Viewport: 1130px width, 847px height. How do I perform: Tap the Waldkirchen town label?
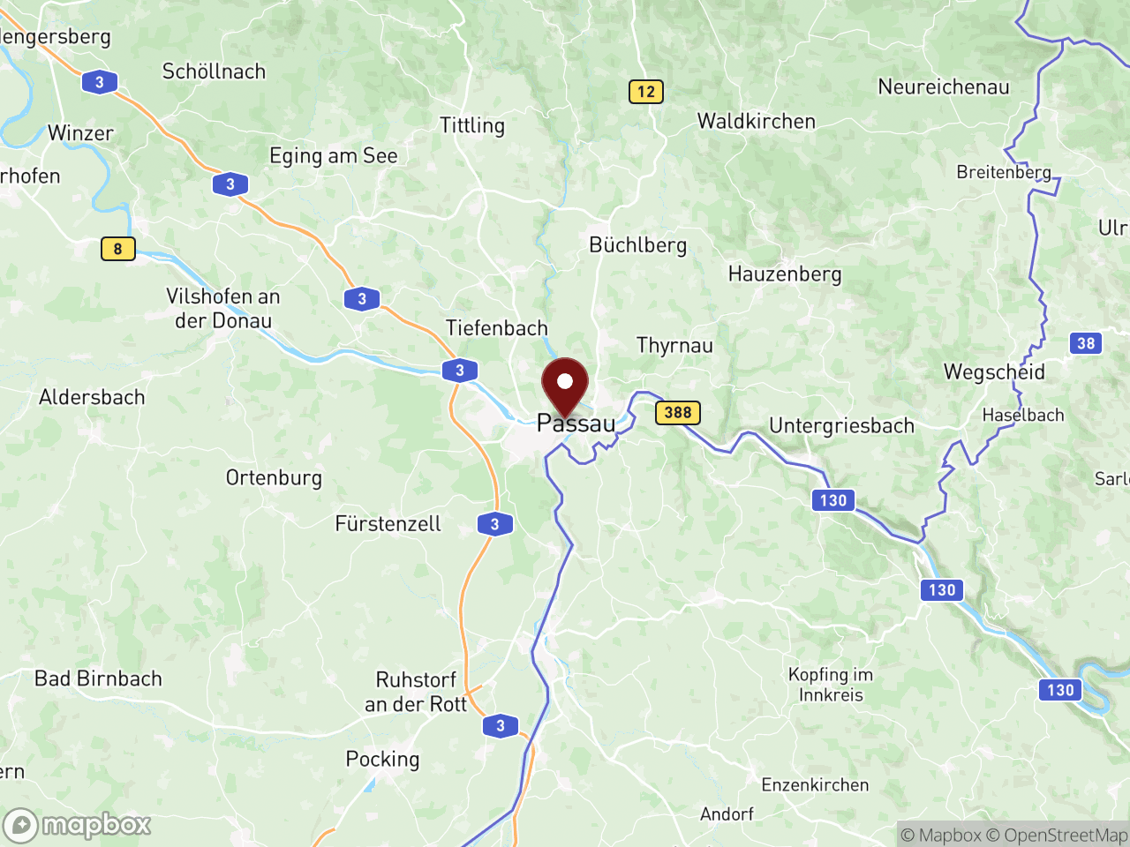pyautogui.click(x=756, y=122)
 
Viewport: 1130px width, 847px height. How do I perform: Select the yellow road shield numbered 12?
pyautogui.click(x=646, y=92)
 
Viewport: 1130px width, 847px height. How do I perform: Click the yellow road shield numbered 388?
pyautogui.click(x=678, y=412)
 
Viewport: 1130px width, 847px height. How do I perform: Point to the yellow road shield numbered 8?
pyautogui.click(x=117, y=249)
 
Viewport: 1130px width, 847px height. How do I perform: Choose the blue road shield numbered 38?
pyautogui.click(x=1086, y=343)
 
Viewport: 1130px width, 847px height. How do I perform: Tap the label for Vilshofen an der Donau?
pyautogui.click(x=222, y=309)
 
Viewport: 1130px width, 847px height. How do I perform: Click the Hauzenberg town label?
pyautogui.click(x=784, y=274)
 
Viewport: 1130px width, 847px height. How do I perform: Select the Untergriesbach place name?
pyautogui.click(x=841, y=426)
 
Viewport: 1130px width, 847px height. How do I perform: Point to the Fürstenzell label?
pyautogui.click(x=388, y=524)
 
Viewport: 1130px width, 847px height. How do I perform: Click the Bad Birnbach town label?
pyautogui.click(x=98, y=678)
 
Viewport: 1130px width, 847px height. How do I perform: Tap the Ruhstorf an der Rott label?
pyautogui.click(x=416, y=692)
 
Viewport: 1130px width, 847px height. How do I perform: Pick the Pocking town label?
pyautogui.click(x=382, y=760)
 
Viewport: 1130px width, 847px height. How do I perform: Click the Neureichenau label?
pyautogui.click(x=943, y=87)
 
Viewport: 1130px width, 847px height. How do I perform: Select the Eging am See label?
pyautogui.click(x=333, y=156)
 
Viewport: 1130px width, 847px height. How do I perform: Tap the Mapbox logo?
pyautogui.click(x=77, y=826)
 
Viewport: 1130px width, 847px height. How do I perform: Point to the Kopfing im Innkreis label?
pyautogui.click(x=830, y=685)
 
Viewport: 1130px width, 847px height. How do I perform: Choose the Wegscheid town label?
pyautogui.click(x=994, y=372)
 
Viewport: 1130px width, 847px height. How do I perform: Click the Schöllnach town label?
pyautogui.click(x=214, y=71)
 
